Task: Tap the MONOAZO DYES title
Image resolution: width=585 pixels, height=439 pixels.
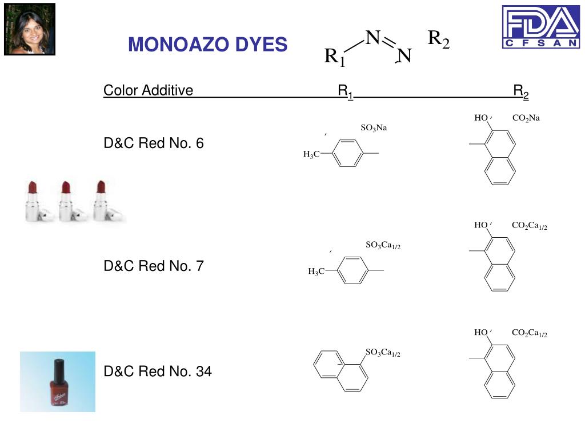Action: point(207,44)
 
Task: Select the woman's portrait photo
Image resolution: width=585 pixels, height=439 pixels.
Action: point(30,29)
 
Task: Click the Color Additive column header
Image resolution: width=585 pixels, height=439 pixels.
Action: point(148,90)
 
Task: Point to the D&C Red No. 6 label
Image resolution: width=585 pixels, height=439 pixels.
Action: point(153,143)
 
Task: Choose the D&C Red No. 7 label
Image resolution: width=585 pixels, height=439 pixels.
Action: point(153,266)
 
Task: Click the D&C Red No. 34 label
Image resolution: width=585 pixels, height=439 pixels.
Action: point(157,372)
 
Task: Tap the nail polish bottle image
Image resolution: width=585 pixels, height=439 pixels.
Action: point(58,381)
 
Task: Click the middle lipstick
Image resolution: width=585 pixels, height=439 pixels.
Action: point(67,200)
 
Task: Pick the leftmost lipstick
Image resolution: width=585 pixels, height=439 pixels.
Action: point(33,200)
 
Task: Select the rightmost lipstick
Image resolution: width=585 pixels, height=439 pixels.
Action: point(102,200)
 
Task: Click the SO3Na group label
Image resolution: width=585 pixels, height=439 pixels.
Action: point(374,127)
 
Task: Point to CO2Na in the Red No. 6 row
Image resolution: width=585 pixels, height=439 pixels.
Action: point(526,118)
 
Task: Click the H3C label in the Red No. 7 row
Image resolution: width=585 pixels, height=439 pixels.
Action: point(316,272)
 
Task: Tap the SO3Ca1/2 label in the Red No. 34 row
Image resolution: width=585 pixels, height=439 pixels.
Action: point(383,353)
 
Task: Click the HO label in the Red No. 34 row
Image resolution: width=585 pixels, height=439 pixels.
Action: point(480,333)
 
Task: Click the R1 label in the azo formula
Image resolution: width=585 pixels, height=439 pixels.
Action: point(335,57)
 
